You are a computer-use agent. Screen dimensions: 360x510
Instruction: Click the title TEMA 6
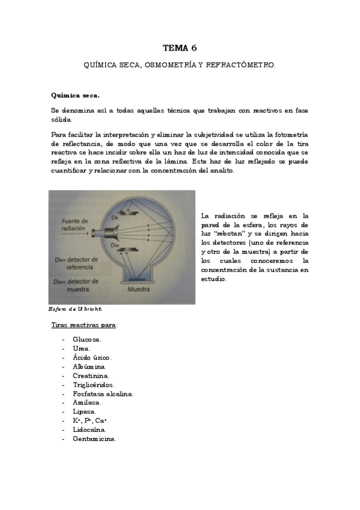(x=180, y=47)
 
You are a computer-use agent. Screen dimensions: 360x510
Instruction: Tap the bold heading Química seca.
(x=75, y=95)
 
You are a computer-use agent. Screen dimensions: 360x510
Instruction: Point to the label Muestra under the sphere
(x=138, y=289)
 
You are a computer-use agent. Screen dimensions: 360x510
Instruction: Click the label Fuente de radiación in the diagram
(x=75, y=224)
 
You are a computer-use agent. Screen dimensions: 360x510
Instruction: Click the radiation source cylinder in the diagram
(x=109, y=233)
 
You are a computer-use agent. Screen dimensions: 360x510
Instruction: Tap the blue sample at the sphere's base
(x=137, y=279)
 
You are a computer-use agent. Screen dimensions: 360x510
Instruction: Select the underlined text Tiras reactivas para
(x=84, y=325)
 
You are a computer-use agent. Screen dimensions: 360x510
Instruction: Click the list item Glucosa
(x=87, y=339)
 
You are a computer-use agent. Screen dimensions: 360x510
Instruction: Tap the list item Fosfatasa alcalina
(x=103, y=393)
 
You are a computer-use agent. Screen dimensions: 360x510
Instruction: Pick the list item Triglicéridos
(x=93, y=384)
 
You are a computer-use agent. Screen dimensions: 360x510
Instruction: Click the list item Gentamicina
(x=94, y=438)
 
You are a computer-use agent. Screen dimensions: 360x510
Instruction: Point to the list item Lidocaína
(x=90, y=429)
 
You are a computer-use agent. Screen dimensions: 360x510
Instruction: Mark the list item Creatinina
(x=91, y=375)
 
